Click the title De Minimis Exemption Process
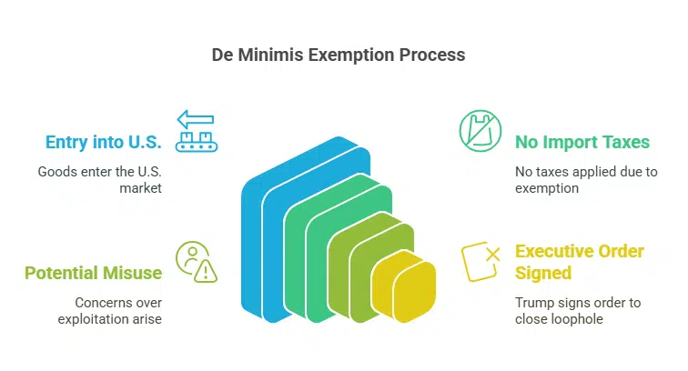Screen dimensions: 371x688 click(x=345, y=55)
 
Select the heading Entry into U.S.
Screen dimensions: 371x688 click(x=105, y=142)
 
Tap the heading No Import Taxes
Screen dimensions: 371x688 click(x=582, y=142)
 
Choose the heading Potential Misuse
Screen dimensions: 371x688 click(x=93, y=273)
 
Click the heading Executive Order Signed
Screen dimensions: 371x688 click(x=581, y=262)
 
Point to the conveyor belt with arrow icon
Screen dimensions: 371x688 click(x=196, y=131)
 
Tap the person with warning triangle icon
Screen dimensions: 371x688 click(x=196, y=261)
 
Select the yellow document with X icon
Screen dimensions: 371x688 click(x=481, y=261)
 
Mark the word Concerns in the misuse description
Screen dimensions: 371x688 click(x=88, y=301)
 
